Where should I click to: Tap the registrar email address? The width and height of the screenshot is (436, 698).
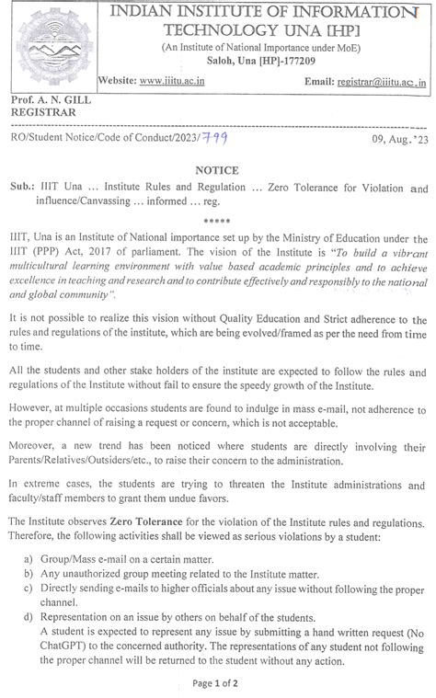tap(383, 82)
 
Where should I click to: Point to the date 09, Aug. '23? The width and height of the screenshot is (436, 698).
tap(398, 138)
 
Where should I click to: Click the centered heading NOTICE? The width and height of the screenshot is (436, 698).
tap(217, 170)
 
